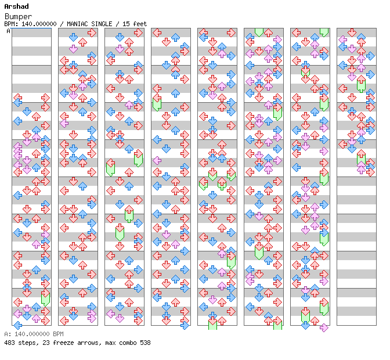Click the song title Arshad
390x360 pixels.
click(x=16, y=6)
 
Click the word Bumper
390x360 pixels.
click(x=18, y=16)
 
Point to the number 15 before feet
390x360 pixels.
click(x=125, y=24)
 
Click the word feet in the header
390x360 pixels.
click(x=140, y=24)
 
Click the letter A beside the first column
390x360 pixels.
click(x=8, y=31)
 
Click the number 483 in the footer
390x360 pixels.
click(x=9, y=343)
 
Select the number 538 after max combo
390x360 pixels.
click(x=145, y=343)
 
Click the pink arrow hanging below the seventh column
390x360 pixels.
click(x=324, y=327)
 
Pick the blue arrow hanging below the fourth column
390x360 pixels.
click(x=185, y=325)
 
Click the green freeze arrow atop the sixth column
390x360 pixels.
click(x=259, y=33)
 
